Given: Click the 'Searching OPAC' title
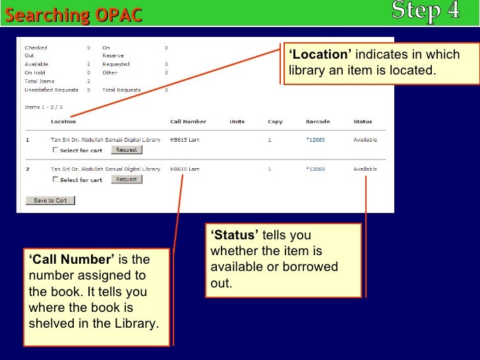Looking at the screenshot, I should coord(74,15).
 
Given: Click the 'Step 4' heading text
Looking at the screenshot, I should coord(425,11).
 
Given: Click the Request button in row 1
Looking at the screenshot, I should coord(126,150).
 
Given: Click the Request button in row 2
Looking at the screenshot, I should coord(126,179).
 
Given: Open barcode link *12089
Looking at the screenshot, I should coord(316,140).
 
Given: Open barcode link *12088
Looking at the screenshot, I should coord(316,169).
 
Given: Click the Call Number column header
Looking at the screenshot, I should coord(188,121).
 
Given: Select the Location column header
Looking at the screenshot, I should coord(63,121).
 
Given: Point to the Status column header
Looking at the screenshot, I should coord(363,121).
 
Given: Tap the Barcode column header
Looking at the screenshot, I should coord(318,121).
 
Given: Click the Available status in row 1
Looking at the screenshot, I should coord(365,140).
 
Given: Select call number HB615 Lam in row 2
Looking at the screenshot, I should coord(185,169).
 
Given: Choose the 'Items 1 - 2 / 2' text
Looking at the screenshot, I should coord(44,106).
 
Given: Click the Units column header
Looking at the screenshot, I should coord(237,121).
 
